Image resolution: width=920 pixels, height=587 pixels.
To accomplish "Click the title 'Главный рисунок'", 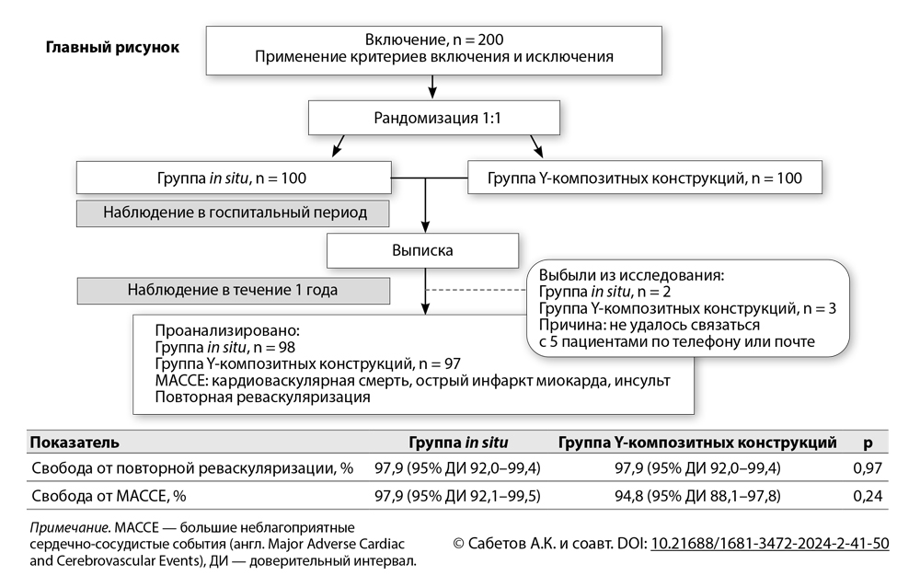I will (x=113, y=47).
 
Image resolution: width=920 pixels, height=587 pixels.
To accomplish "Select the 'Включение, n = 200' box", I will (x=434, y=49).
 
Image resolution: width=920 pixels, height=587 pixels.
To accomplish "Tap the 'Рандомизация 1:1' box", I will (x=433, y=117).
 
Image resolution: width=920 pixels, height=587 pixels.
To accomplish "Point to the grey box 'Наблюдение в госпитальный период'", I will (x=234, y=213).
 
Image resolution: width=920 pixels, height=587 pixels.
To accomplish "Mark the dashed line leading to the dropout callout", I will (x=475, y=290).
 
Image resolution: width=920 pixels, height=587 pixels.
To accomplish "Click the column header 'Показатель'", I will (x=75, y=443).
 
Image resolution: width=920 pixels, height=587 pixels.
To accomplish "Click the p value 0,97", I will (x=867, y=468).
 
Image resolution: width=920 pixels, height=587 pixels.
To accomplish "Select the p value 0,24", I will (x=867, y=496).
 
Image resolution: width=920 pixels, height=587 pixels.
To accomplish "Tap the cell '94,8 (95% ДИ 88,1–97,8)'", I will (x=696, y=496).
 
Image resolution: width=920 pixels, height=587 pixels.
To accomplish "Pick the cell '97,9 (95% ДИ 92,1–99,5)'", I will (x=457, y=496).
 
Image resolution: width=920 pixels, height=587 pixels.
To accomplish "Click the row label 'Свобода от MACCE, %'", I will (x=109, y=496).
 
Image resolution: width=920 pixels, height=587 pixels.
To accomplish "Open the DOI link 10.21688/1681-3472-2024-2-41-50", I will (x=769, y=543).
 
